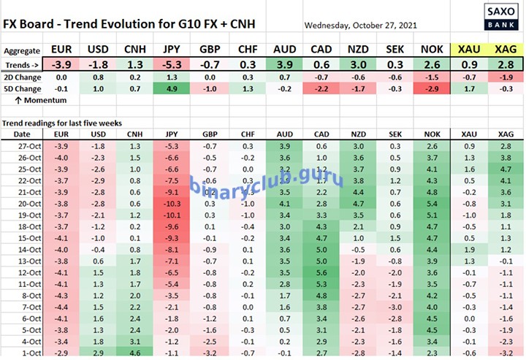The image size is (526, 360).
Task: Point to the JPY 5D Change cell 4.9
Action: tap(172, 88)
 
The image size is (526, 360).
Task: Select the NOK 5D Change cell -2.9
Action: tap(432, 88)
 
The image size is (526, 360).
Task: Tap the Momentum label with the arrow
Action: tap(30, 100)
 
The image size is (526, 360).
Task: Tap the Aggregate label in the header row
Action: tap(22, 50)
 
